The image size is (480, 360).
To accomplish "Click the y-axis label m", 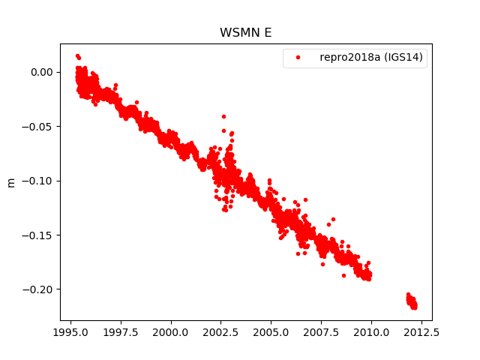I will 11,182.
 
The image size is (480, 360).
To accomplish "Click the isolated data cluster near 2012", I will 412,301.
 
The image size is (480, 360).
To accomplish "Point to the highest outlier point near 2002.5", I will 223,116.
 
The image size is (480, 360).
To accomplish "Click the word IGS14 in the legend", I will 409,58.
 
